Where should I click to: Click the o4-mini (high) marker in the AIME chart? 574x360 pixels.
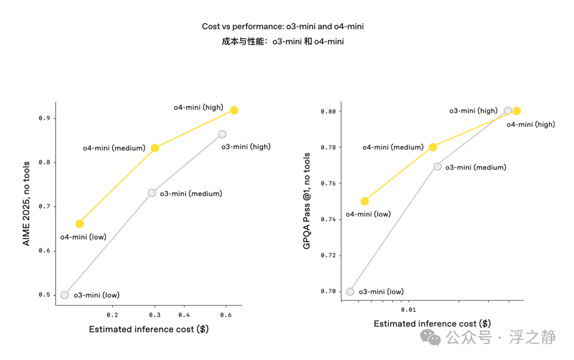[234, 110]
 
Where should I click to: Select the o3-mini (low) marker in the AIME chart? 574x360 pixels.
[65, 295]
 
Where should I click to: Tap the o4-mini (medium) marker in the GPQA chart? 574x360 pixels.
[433, 147]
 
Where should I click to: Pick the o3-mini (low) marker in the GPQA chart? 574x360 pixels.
[350, 292]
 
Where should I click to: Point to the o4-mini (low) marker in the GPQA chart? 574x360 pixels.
[365, 201]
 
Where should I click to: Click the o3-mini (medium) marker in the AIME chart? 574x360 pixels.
[152, 193]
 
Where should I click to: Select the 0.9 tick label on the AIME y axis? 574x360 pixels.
[44, 118]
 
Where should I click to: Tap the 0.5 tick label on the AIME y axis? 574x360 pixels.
[44, 295]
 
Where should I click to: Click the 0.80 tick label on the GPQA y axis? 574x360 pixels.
[328, 111]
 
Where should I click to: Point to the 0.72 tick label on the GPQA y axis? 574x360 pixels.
[328, 255]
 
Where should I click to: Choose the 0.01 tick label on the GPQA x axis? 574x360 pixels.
[409, 310]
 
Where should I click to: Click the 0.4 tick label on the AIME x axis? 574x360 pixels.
[184, 315]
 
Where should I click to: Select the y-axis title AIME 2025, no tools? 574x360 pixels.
[26, 203]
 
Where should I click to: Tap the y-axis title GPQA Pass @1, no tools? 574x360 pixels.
[307, 201]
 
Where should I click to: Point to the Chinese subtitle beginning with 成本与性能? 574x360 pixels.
[283, 42]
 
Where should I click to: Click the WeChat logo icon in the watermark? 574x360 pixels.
[430, 337]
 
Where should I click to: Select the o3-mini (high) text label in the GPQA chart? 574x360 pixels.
[473, 110]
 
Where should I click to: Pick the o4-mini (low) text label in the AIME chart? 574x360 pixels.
[84, 237]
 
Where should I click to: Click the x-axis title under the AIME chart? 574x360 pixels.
[149, 329]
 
